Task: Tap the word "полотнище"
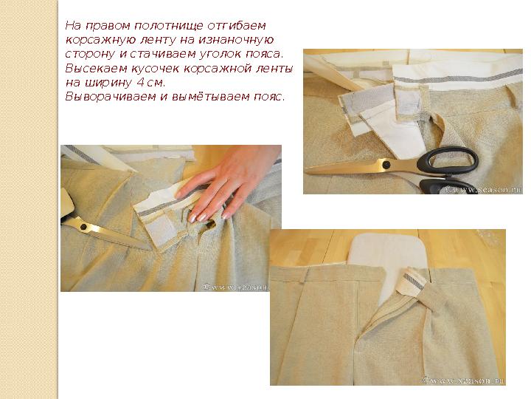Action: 150,26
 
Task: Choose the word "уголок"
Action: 212,54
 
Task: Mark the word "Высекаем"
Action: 89,68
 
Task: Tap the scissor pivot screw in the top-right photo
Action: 384,164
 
